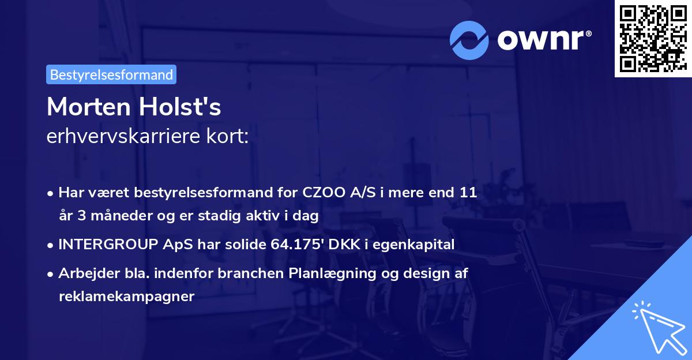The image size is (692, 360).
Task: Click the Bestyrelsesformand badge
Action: [x=111, y=74]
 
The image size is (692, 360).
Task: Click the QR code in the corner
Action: [x=653, y=39]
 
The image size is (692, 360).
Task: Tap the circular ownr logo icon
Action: [x=469, y=40]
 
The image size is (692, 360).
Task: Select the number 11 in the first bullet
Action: [x=468, y=192]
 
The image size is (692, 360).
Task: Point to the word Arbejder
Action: [x=82, y=273]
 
